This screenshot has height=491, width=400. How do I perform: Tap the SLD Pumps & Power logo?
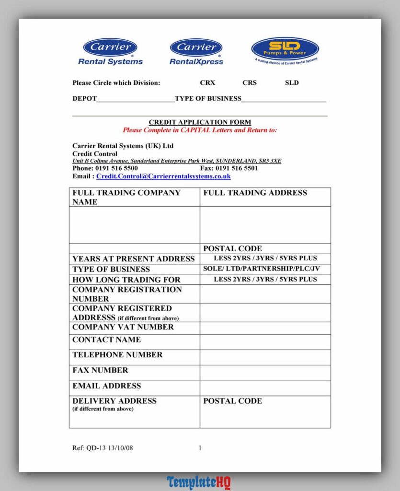285,50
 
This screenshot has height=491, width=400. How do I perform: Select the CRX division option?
207,82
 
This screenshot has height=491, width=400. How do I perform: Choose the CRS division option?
249,82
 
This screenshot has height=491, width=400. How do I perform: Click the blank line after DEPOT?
136,99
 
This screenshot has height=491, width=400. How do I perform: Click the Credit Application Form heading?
200,122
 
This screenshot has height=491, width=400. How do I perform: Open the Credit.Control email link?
163,176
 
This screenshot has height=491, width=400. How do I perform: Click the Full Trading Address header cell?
255,193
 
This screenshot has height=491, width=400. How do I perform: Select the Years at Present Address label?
133,259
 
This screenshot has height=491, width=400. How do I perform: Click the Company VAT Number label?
123,327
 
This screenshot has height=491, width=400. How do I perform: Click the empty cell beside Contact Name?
265,342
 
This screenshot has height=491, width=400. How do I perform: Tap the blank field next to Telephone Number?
265,357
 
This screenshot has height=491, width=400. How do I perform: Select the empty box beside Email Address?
265,388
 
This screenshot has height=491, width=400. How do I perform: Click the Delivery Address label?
114,401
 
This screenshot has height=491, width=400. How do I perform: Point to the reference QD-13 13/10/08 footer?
103,448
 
